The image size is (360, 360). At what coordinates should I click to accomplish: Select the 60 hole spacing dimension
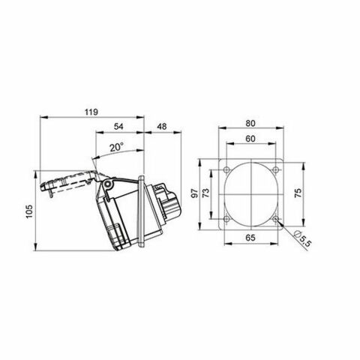(x=251, y=139)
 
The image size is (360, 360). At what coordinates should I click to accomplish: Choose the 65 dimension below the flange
(x=251, y=237)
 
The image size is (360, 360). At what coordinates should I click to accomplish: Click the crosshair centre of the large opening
(x=251, y=194)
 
